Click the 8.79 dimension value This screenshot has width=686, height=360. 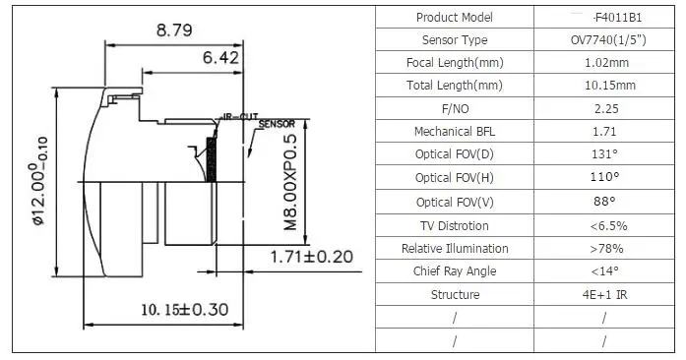[174, 30]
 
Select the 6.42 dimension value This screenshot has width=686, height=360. [220, 57]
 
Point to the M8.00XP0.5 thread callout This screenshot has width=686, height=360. [290, 182]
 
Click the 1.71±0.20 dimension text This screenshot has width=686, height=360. [311, 257]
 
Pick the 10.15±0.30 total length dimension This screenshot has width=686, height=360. [185, 310]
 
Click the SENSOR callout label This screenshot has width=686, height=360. [277, 124]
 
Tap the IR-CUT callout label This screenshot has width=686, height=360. [240, 117]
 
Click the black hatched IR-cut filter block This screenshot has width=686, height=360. [212, 159]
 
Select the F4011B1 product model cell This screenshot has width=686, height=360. [617, 18]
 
